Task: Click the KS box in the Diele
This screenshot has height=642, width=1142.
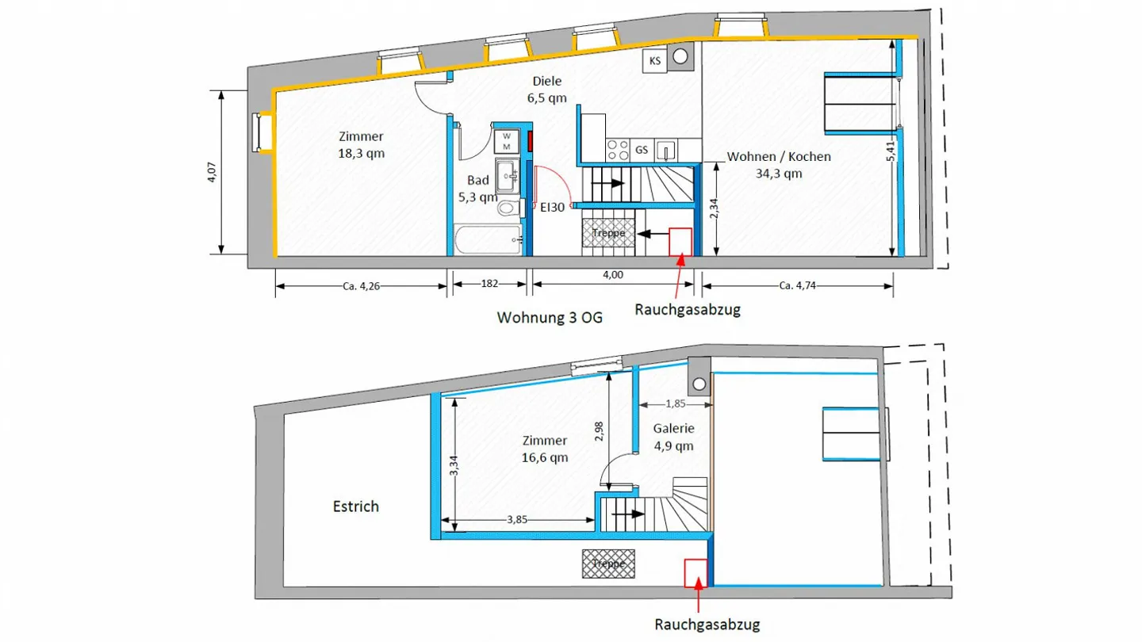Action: [x=654, y=61]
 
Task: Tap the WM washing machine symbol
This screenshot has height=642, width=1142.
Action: [x=505, y=141]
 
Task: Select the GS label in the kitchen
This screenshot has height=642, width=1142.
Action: [x=642, y=150]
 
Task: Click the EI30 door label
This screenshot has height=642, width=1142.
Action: [x=552, y=208]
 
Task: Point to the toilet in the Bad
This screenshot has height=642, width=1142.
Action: [x=508, y=208]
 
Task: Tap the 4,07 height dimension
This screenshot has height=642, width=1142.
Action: [x=212, y=172]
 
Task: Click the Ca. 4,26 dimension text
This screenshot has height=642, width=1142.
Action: [x=361, y=285]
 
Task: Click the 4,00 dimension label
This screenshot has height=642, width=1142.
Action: [x=612, y=275]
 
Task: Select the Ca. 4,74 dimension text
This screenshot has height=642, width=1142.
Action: [x=797, y=285]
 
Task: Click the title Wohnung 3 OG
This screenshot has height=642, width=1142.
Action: [x=549, y=318]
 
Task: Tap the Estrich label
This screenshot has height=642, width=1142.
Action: [x=354, y=506]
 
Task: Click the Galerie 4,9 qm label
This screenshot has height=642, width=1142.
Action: [x=673, y=437]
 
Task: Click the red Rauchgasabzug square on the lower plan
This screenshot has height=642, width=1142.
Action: [x=696, y=572]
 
